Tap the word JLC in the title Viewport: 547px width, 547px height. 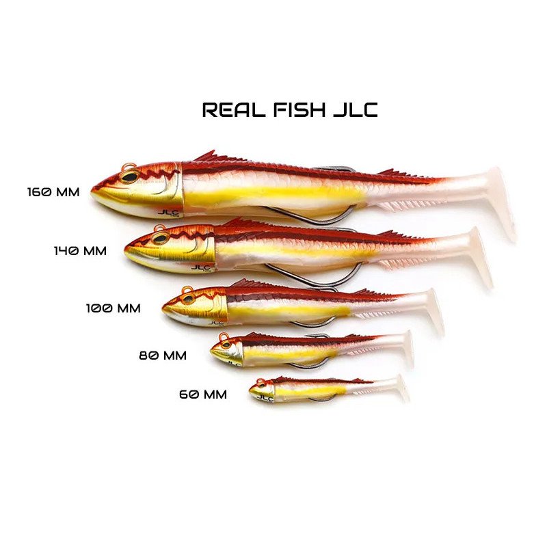click(356, 109)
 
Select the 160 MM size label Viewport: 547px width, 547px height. click(53, 192)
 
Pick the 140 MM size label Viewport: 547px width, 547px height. click(80, 250)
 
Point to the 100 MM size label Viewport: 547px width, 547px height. click(114, 308)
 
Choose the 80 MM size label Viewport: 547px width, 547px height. click(163, 355)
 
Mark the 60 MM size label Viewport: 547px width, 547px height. click(203, 395)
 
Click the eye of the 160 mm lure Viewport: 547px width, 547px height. click(130, 176)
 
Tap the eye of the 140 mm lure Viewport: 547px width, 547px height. click(160, 239)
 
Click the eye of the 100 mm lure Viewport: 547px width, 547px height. click(189, 299)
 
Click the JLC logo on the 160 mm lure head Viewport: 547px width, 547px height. click(168, 213)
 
